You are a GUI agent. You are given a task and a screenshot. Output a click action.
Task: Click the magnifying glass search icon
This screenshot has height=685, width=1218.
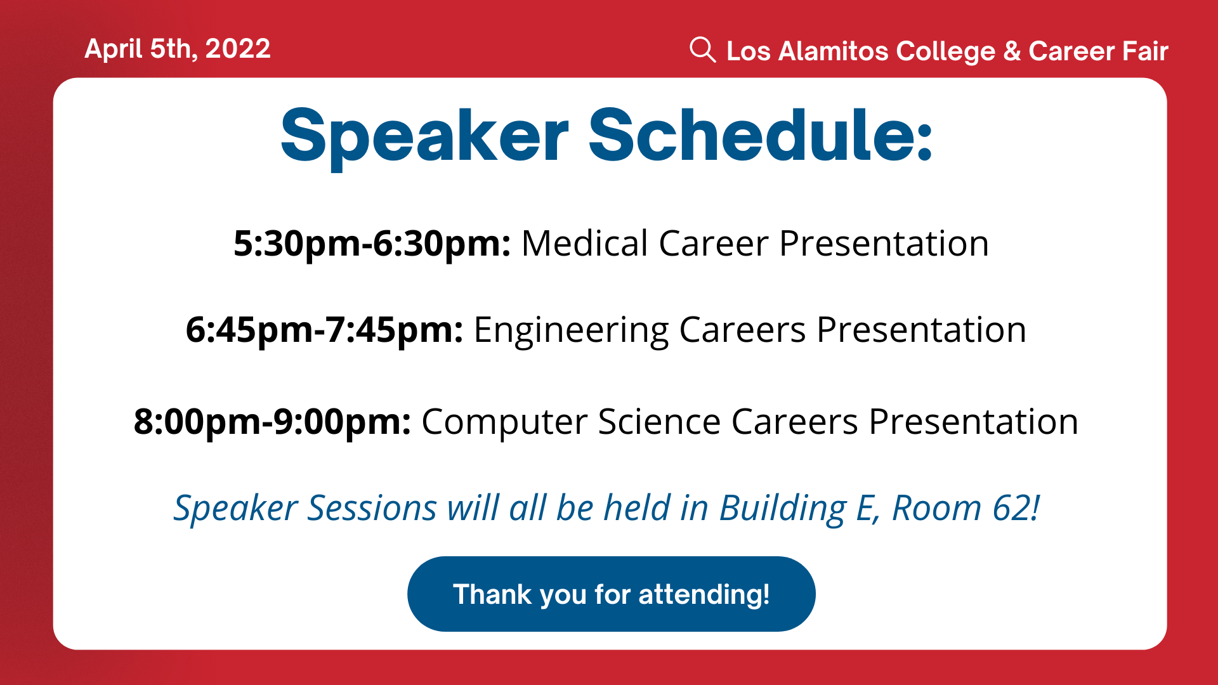(x=702, y=49)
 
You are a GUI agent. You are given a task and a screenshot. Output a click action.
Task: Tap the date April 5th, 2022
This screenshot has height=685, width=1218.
(x=178, y=49)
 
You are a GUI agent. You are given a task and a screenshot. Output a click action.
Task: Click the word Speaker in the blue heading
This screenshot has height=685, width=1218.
(x=424, y=136)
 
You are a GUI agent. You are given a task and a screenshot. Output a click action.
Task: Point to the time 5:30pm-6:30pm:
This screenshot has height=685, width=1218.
(x=372, y=244)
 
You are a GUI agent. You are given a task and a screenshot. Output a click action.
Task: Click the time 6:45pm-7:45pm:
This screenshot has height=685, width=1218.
(x=324, y=330)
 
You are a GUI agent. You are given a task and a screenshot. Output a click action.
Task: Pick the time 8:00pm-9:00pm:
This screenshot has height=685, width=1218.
(x=272, y=422)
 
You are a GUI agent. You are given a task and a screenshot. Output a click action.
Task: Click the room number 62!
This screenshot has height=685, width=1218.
(x=1016, y=508)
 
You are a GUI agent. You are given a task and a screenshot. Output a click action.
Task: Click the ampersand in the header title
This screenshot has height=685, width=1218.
(x=1012, y=51)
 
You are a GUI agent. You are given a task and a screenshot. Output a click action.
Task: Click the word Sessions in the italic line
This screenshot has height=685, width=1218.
(x=372, y=509)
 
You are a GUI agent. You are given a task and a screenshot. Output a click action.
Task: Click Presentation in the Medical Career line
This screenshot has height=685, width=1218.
(x=884, y=244)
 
